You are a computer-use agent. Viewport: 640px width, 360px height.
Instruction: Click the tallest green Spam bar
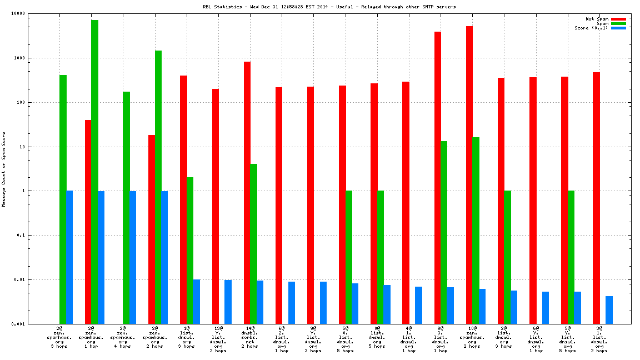tap(94, 172)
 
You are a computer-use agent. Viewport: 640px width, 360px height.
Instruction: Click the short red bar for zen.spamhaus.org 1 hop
tap(88, 222)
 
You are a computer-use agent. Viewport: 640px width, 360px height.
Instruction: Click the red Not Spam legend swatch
tap(618, 19)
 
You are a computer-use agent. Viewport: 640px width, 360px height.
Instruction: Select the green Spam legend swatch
tap(618, 23)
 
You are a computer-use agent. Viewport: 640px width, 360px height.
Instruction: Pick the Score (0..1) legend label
tap(591, 28)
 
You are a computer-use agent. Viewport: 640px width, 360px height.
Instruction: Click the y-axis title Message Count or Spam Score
tap(4, 169)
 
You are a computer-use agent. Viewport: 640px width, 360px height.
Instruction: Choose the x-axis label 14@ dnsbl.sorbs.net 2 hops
tap(249, 337)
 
